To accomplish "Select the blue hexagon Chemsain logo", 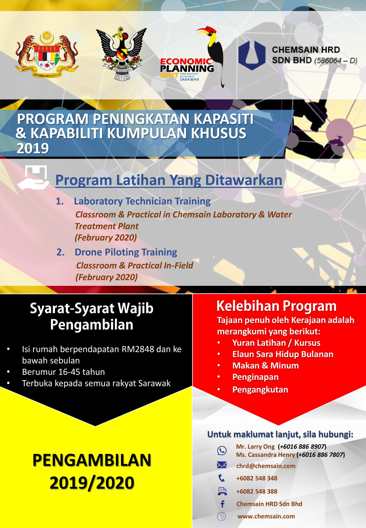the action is tap(252, 55).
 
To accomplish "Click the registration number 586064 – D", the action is tap(336, 61).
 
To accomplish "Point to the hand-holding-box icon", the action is tap(33, 177).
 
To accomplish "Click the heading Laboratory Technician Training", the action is tap(142, 201).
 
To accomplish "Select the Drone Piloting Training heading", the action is tap(126, 252).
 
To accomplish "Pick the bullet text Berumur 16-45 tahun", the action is tap(63, 372).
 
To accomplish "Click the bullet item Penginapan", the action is tap(255, 377).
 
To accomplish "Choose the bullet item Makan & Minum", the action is tap(266, 366).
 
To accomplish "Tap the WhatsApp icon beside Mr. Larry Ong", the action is tap(222, 451).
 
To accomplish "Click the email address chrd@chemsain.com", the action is tap(266, 466).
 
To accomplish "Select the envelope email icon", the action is tap(222, 465).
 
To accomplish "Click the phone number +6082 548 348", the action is tap(257, 478).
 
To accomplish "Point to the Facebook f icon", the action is tap(222, 504).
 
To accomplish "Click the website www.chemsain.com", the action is tap(266, 516).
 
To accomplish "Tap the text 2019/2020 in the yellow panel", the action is tap(92, 483).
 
